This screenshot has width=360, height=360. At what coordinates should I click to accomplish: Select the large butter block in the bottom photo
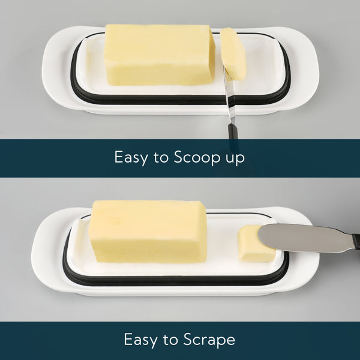point(148,231)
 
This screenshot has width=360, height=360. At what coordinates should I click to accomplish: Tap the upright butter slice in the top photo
point(233,54)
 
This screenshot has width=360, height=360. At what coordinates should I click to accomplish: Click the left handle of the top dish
point(56,69)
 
